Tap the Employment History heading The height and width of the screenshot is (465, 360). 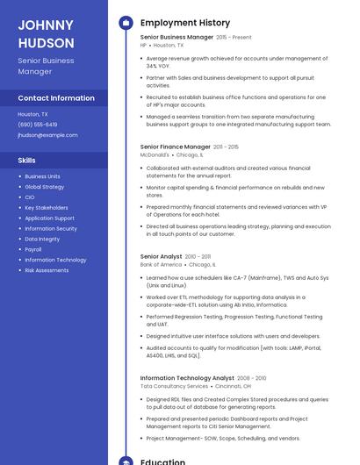pos(184,23)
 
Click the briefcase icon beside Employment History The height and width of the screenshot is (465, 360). pos(126,23)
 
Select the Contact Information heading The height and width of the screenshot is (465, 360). pos(56,98)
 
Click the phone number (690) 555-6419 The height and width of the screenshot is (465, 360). pos(37,125)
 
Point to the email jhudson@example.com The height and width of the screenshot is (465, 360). pos(47,135)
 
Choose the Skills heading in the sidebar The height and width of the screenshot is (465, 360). pos(26,161)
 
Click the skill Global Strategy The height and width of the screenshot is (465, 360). pos(44,187)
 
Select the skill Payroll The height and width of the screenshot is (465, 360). pos(33,249)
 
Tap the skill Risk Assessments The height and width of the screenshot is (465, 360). pos(47,270)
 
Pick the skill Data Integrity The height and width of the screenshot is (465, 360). pos(42,239)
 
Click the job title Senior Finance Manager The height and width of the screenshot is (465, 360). pos(175,147)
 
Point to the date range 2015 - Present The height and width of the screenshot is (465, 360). pos(234,38)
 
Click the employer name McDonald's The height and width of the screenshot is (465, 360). pos(155,154)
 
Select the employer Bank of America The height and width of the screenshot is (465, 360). pos(161,264)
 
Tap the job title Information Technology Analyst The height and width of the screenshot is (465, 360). pos(187,378)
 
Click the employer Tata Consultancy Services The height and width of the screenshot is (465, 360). pos(174,386)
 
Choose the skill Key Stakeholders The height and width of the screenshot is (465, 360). pos(47,208)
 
